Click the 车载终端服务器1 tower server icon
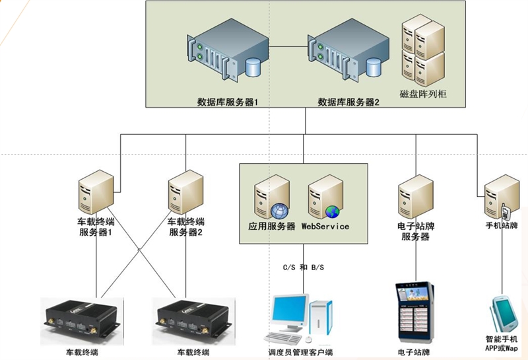coord(96,190)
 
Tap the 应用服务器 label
coord(267,227)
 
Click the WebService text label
coord(325,227)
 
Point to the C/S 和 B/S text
coord(303,268)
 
